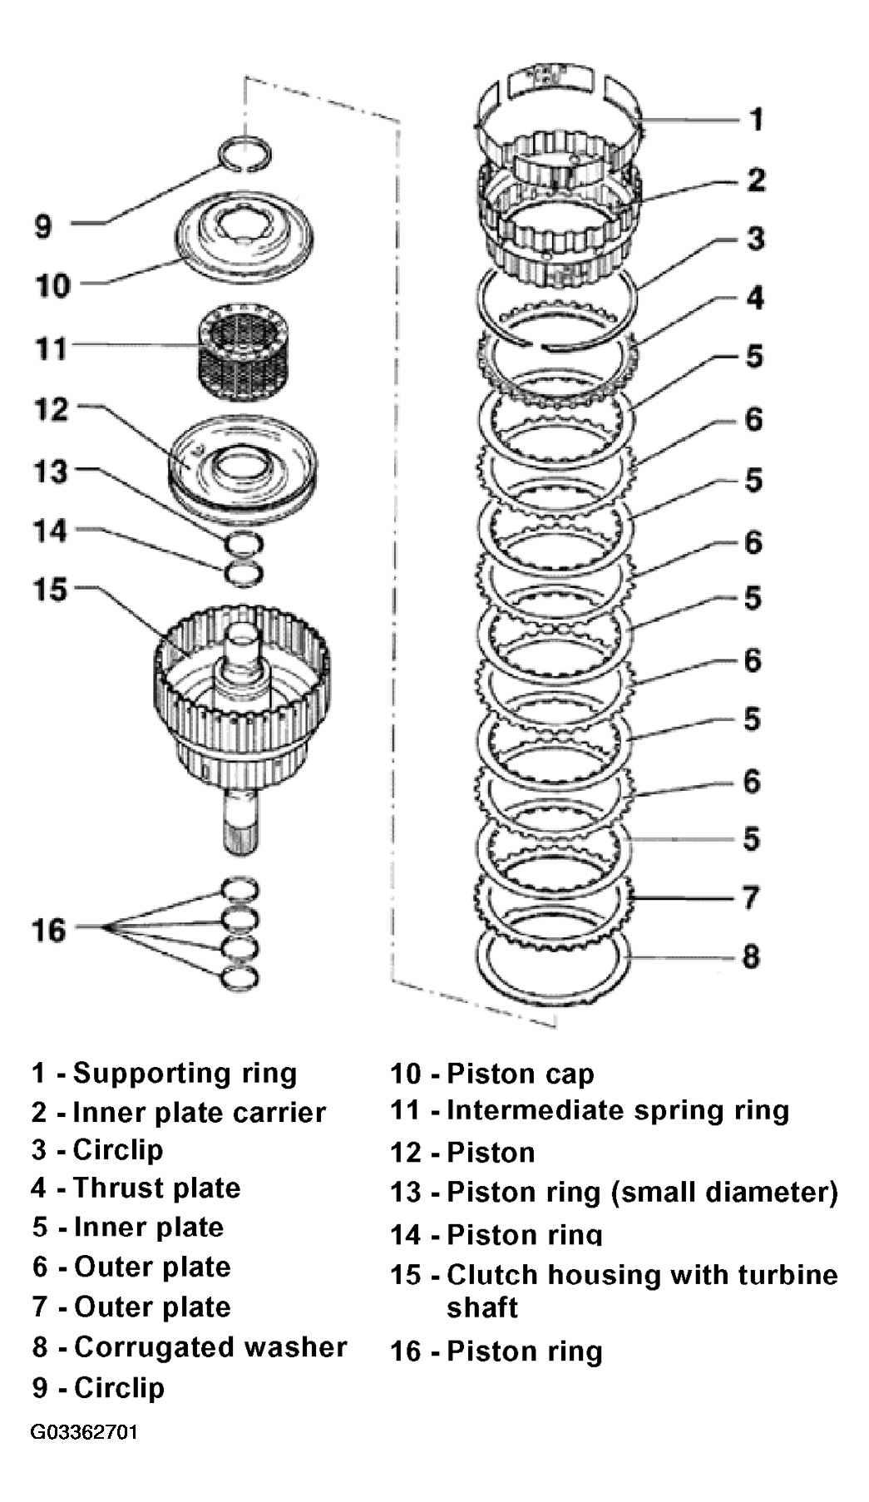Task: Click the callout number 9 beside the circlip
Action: pos(43,226)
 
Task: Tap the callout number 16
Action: pos(49,929)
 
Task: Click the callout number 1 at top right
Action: pos(755,119)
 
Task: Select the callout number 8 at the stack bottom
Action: pos(751,956)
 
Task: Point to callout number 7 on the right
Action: pos(750,897)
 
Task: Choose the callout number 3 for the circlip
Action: pos(754,239)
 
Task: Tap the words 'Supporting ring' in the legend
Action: pos(185,1074)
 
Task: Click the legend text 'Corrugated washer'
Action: pos(210,1346)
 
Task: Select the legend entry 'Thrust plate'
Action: pos(156,1188)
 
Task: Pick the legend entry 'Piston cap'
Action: pos(521,1075)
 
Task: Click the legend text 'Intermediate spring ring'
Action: pos(618,1111)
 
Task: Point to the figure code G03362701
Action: pos(85,1433)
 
